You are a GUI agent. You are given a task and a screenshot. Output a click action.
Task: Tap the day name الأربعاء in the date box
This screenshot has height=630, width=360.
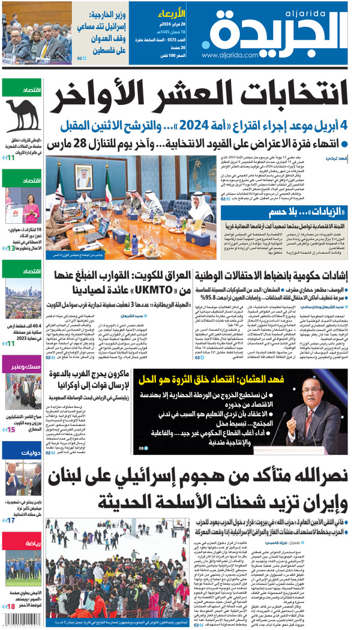(x=175, y=12)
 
